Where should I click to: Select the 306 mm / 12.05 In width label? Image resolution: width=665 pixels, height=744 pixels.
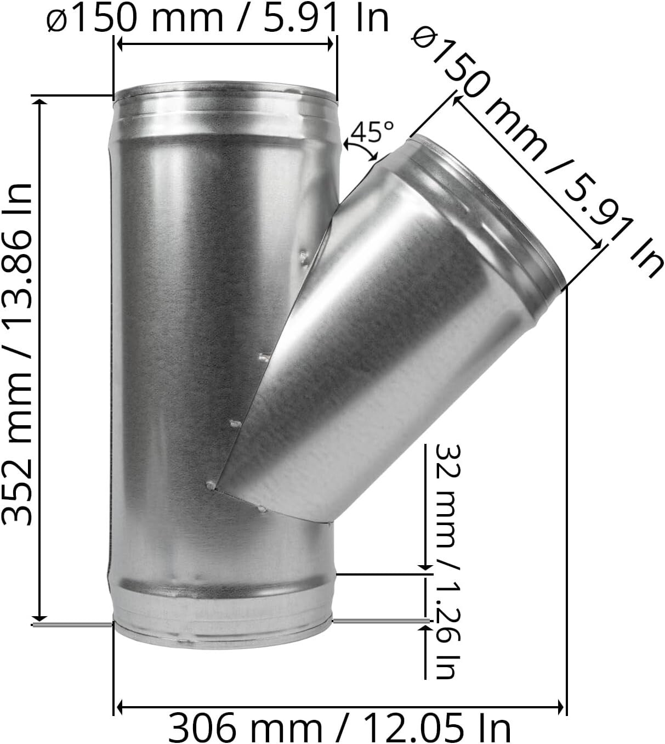pos(339,728)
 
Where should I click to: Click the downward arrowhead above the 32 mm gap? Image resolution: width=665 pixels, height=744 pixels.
pos(425,566)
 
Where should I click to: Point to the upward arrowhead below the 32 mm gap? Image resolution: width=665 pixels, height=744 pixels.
pos(425,628)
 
